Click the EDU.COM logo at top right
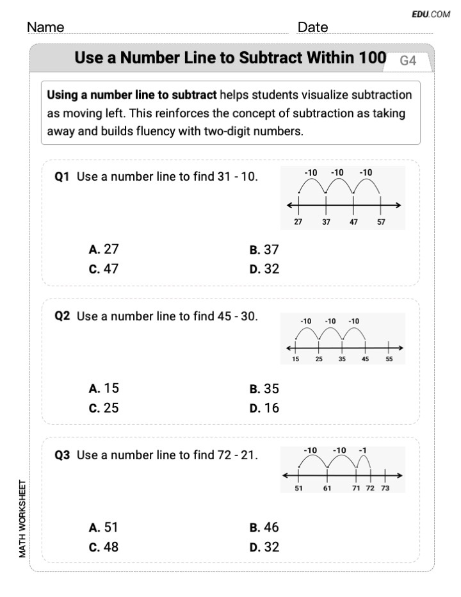tap(432, 14)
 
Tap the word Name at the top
tap(45, 28)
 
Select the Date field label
tap(312, 28)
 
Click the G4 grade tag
tap(408, 61)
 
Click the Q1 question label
tap(62, 177)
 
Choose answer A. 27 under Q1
tap(104, 250)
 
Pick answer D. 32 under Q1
tap(264, 269)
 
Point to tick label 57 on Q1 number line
tap(382, 222)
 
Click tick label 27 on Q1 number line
tap(298, 222)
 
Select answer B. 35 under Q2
tap(264, 389)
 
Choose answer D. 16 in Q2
tap(264, 408)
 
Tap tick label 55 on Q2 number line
tap(389, 359)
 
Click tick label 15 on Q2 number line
tap(295, 359)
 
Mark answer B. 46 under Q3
tap(264, 528)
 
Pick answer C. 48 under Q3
tap(104, 547)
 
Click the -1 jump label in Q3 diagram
tap(362, 450)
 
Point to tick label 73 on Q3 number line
tap(384, 488)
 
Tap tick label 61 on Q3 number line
tap(327, 488)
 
